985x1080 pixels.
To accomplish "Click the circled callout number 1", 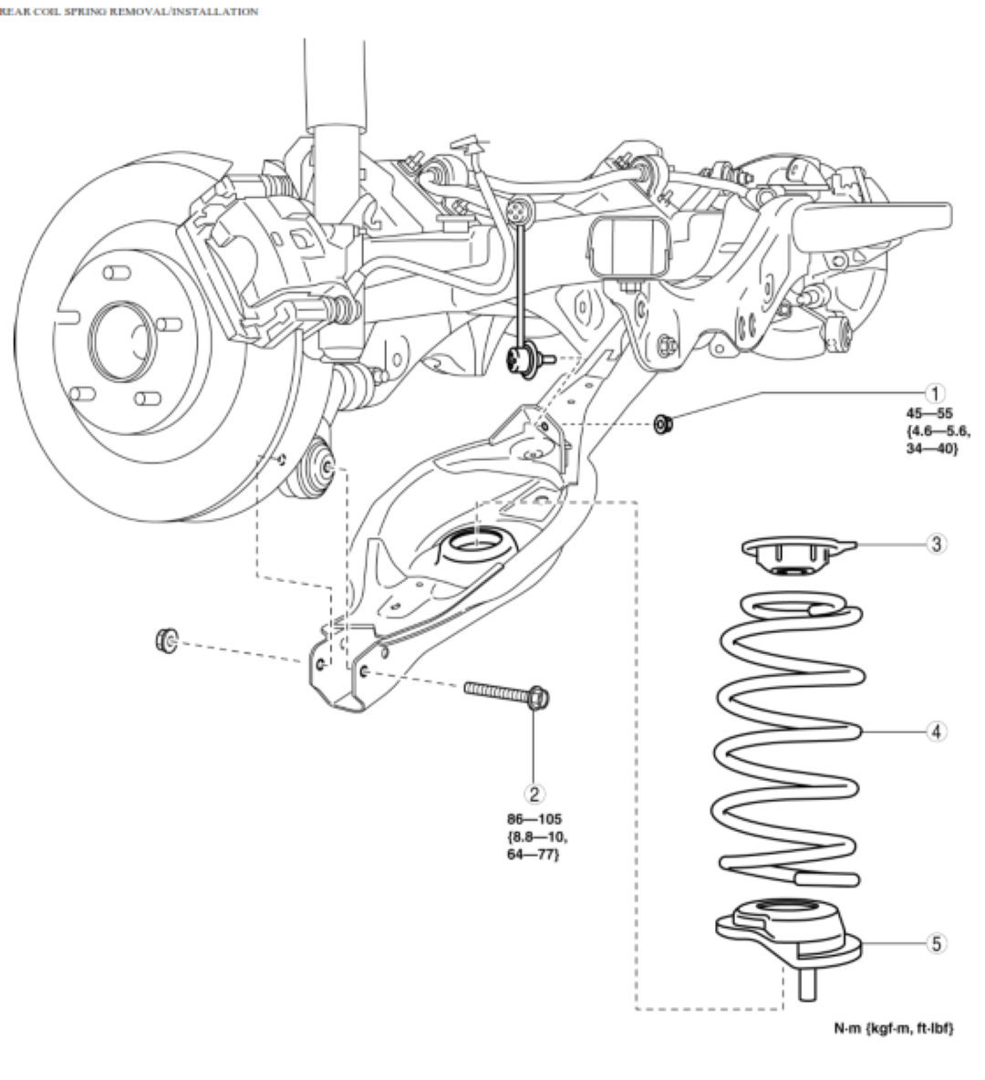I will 933,393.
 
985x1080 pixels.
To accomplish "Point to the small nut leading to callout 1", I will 664,423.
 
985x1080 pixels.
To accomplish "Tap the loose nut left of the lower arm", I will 167,639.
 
